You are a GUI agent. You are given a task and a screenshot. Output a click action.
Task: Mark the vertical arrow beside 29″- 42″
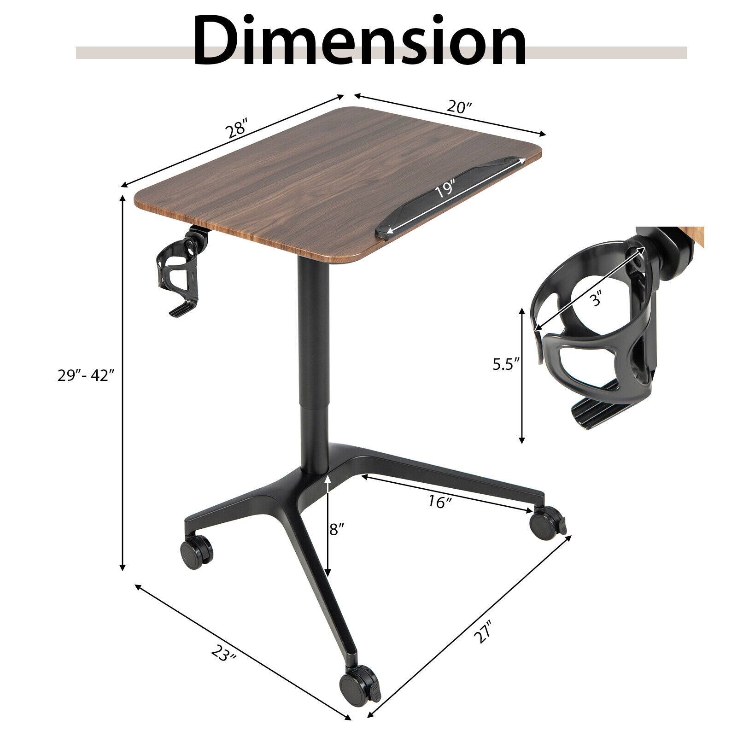[x=123, y=382]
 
